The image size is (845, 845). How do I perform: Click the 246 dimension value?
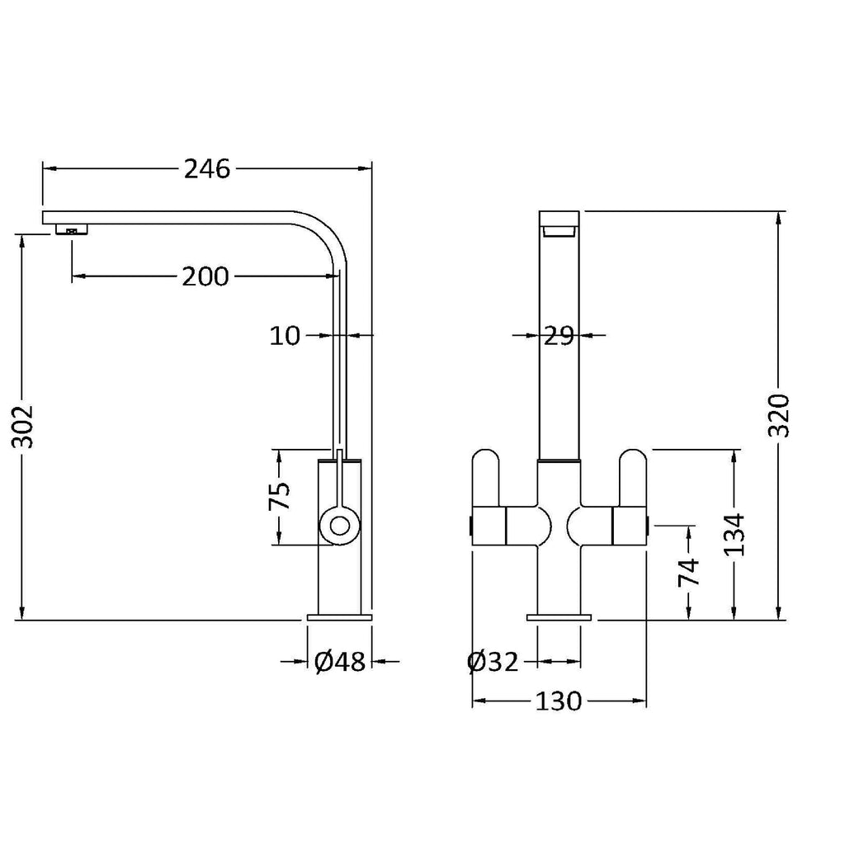(207, 169)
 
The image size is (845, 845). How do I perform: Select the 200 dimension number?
(205, 277)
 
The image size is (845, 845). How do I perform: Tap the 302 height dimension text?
(23, 427)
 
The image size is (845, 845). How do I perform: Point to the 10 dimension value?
(285, 336)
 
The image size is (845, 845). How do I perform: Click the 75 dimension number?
(279, 495)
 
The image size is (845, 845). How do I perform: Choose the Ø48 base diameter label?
(340, 661)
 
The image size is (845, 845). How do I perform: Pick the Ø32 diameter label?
(493, 661)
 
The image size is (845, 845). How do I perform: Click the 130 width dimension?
(559, 701)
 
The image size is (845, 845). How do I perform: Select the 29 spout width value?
(559, 336)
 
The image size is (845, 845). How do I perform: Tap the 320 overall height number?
(779, 416)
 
